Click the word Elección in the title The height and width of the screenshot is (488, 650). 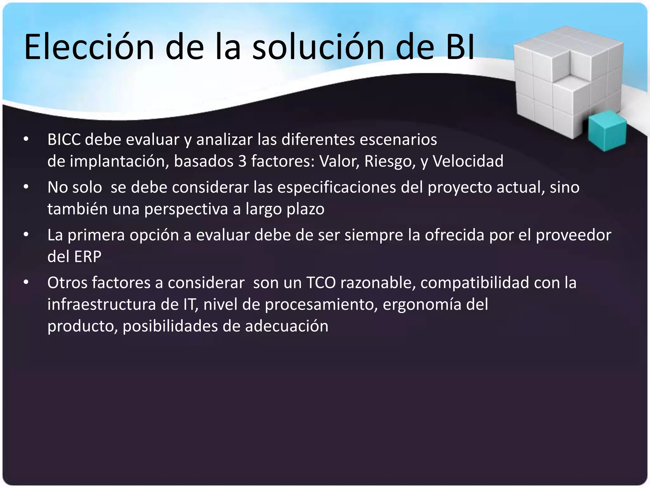point(89,47)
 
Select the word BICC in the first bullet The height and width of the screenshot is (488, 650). point(64,139)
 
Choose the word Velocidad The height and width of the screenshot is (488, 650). point(468,161)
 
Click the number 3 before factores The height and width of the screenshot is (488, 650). point(242,161)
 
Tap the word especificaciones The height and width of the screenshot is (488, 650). point(337,187)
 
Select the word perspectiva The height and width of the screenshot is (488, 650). point(186,209)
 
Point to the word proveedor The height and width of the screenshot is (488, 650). point(573,235)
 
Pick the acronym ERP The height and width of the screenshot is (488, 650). point(88,257)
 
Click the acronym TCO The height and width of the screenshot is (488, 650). point(321,283)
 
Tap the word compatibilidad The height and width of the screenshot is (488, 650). point(474,283)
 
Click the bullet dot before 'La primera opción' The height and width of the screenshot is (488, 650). point(26,235)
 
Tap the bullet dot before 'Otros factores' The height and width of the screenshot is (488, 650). point(26,282)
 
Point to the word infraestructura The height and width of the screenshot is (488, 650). point(102,304)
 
